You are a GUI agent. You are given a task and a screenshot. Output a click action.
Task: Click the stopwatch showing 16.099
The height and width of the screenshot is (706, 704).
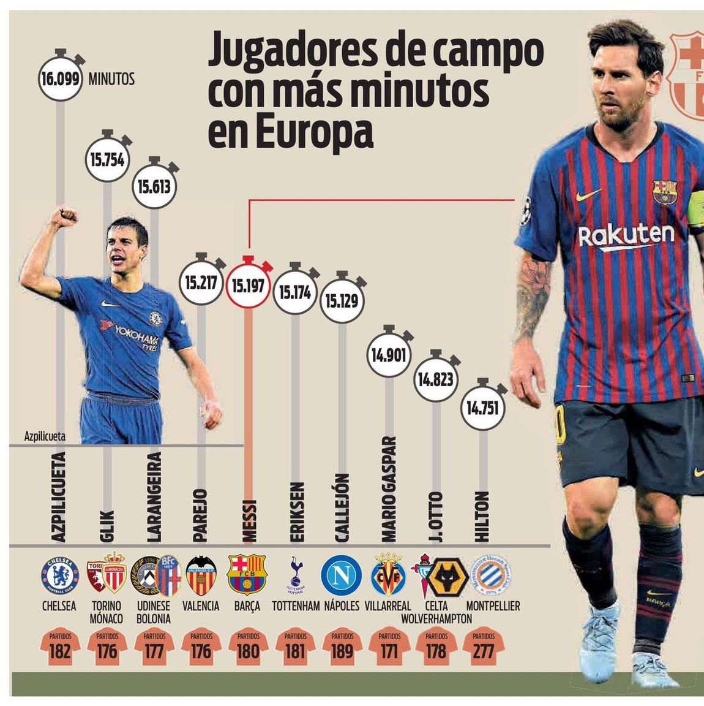pyautogui.click(x=60, y=78)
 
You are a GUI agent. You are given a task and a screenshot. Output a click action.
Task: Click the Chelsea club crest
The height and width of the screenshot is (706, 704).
pyautogui.click(x=59, y=575)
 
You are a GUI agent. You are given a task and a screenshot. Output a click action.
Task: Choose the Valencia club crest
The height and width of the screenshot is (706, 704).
pyautogui.click(x=201, y=575)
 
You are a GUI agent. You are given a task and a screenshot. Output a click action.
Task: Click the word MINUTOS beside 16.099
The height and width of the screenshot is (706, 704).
pyautogui.click(x=111, y=80)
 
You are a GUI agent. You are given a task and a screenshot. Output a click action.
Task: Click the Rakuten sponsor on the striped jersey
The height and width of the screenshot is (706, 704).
pyautogui.click(x=626, y=235)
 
